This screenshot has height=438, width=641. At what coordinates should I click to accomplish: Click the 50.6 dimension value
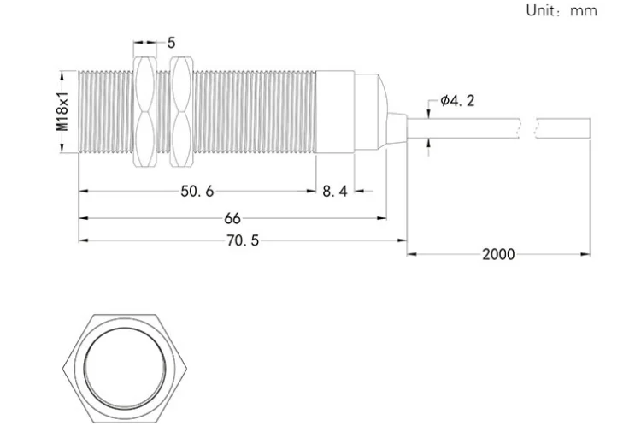pyautogui.click(x=197, y=191)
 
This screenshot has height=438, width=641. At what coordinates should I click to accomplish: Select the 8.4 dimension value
pyautogui.click(x=335, y=191)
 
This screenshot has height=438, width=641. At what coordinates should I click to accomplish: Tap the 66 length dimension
pyautogui.click(x=232, y=218)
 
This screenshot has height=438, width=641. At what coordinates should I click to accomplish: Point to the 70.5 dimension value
pyautogui.click(x=243, y=240)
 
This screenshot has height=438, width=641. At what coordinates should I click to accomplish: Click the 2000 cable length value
pyautogui.click(x=498, y=254)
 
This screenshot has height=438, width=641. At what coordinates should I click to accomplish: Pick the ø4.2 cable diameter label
pyautogui.click(x=457, y=100)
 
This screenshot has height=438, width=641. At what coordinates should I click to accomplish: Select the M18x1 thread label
pyautogui.click(x=62, y=112)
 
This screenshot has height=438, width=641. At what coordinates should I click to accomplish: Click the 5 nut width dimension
pyautogui.click(x=171, y=43)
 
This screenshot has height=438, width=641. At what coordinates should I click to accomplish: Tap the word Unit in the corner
pyautogui.click(x=540, y=10)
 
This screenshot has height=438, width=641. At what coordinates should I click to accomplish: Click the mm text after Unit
pyautogui.click(x=584, y=10)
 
